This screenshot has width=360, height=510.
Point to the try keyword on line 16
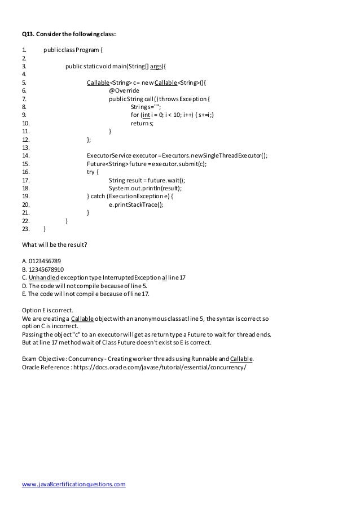coord(93,172)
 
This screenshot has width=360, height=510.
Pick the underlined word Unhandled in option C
coord(43,277)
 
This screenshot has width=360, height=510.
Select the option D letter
coord(24,286)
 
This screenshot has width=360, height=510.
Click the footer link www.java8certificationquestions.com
coord(73,485)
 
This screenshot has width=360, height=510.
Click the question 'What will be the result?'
coord(54,245)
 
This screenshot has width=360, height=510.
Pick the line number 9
coord(23,115)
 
